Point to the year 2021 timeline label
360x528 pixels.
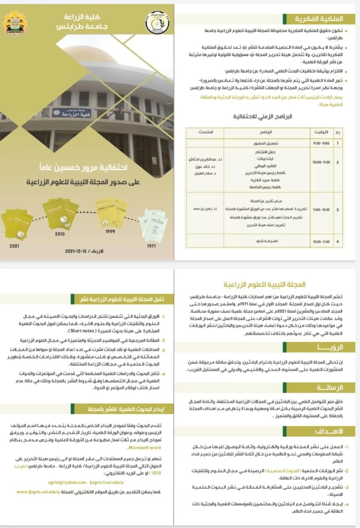click(x=14, y=245)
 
